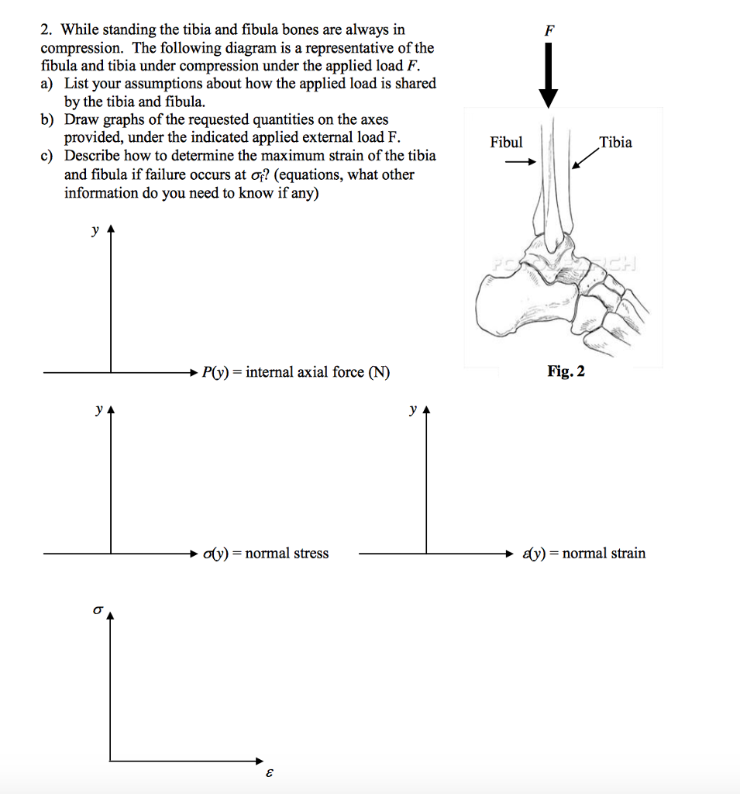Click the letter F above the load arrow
click(x=549, y=30)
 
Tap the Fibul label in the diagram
click(x=506, y=143)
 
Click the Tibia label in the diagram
click(x=615, y=143)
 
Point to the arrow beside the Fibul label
click(x=520, y=163)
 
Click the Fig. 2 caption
click(x=566, y=371)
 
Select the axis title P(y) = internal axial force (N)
click(x=296, y=373)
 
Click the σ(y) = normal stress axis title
click(x=266, y=554)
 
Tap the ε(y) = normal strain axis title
click(x=583, y=554)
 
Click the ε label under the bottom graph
click(x=270, y=774)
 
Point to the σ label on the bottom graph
click(x=97, y=611)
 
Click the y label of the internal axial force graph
click(x=95, y=230)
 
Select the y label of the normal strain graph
click(x=414, y=409)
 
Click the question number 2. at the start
click(x=47, y=30)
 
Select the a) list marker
click(x=47, y=84)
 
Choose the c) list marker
click(x=47, y=156)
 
